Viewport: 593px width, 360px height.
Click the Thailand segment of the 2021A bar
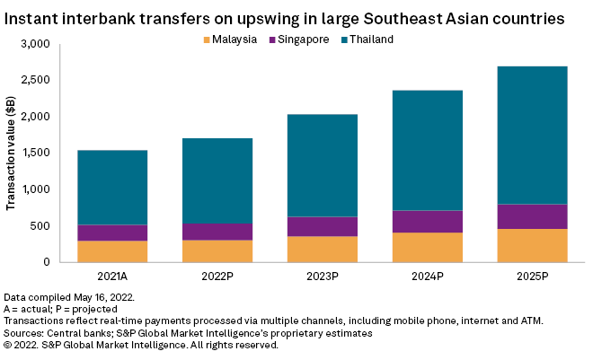[x=112, y=187]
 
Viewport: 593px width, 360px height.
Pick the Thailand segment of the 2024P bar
[x=428, y=150]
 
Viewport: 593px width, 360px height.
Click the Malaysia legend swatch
[x=208, y=40]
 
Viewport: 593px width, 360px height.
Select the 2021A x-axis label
[x=112, y=276]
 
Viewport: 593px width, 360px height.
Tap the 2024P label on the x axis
[x=428, y=276]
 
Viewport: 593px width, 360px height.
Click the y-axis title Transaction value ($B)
[x=11, y=153]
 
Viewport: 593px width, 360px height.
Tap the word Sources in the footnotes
[x=26, y=332]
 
